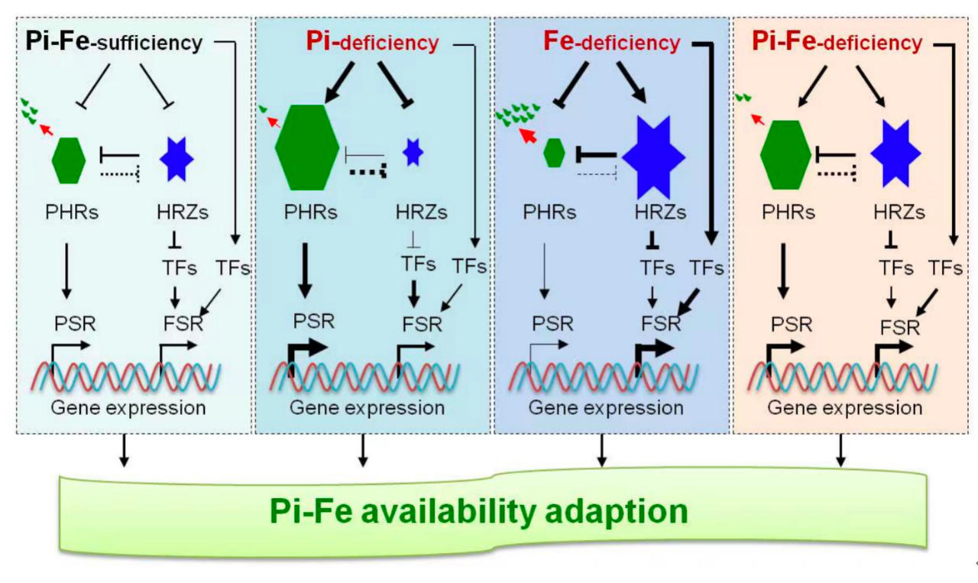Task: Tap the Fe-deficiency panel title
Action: tap(611, 41)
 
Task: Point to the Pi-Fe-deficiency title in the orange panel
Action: tap(837, 41)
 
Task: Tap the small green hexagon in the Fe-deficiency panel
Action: tap(555, 154)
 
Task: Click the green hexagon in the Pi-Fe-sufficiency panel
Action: tap(68, 160)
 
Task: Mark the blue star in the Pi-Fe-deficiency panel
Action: tap(895, 154)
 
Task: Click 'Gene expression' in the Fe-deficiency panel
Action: tap(606, 407)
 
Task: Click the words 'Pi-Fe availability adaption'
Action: tap(478, 511)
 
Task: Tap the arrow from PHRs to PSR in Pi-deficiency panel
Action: tap(306, 270)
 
